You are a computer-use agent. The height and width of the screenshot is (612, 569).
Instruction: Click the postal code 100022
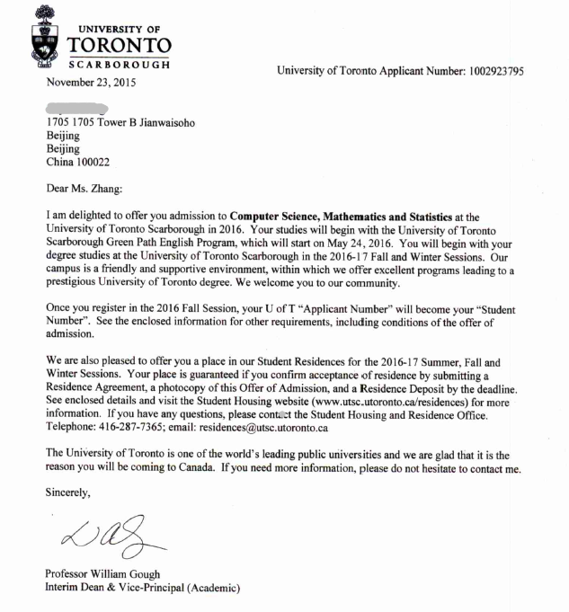(x=106, y=163)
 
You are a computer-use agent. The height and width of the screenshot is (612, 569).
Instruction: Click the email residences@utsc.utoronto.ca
(x=267, y=429)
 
